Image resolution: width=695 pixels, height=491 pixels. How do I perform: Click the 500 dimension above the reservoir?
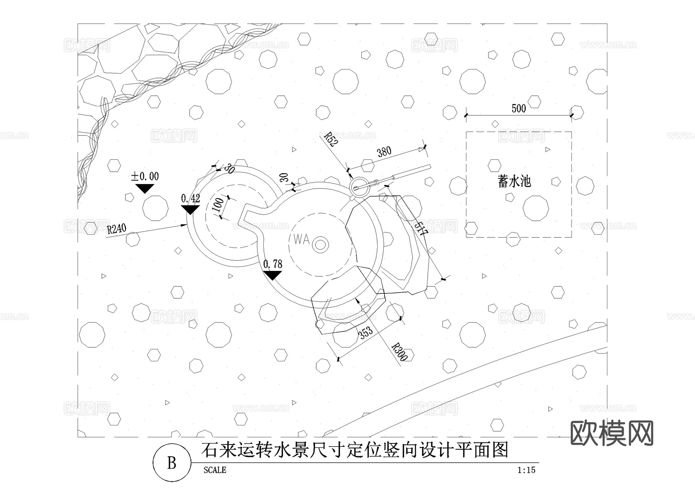(519, 108)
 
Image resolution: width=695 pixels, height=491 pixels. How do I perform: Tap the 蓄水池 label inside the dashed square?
(514, 181)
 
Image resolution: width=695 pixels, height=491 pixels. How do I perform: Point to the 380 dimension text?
(384, 152)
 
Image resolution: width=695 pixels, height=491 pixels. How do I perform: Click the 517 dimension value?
(421, 229)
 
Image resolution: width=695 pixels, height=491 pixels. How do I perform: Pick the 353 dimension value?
(366, 332)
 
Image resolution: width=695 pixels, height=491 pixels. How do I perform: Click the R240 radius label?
(117, 229)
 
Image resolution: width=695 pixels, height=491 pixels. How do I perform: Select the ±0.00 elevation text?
(145, 176)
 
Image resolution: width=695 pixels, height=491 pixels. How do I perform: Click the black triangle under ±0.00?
(145, 188)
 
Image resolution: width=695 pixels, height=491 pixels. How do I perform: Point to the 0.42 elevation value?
(190, 198)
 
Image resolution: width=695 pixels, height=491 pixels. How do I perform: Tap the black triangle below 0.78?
(272, 275)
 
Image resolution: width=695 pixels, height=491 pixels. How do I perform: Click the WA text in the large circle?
(301, 239)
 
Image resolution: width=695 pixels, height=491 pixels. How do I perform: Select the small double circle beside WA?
(320, 245)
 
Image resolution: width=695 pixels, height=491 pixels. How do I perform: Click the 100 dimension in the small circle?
(218, 205)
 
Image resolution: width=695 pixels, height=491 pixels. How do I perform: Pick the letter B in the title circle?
(171, 463)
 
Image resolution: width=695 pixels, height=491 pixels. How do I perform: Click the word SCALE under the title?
(215, 470)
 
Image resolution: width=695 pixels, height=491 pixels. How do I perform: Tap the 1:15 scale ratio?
(526, 470)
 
